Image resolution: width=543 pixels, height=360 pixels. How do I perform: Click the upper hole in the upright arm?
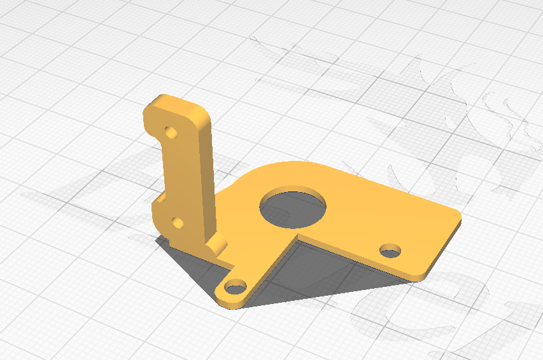point(171,133)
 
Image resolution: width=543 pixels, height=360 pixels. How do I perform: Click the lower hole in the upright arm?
point(178,223)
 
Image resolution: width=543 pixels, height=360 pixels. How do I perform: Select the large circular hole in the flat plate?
point(293,208)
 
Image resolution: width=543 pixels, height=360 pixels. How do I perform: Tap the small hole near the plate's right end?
point(390,250)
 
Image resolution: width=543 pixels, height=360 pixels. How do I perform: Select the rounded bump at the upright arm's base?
point(218,244)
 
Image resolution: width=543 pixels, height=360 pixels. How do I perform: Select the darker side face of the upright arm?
point(206,178)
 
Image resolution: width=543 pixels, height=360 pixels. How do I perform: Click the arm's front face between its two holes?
point(178,178)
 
